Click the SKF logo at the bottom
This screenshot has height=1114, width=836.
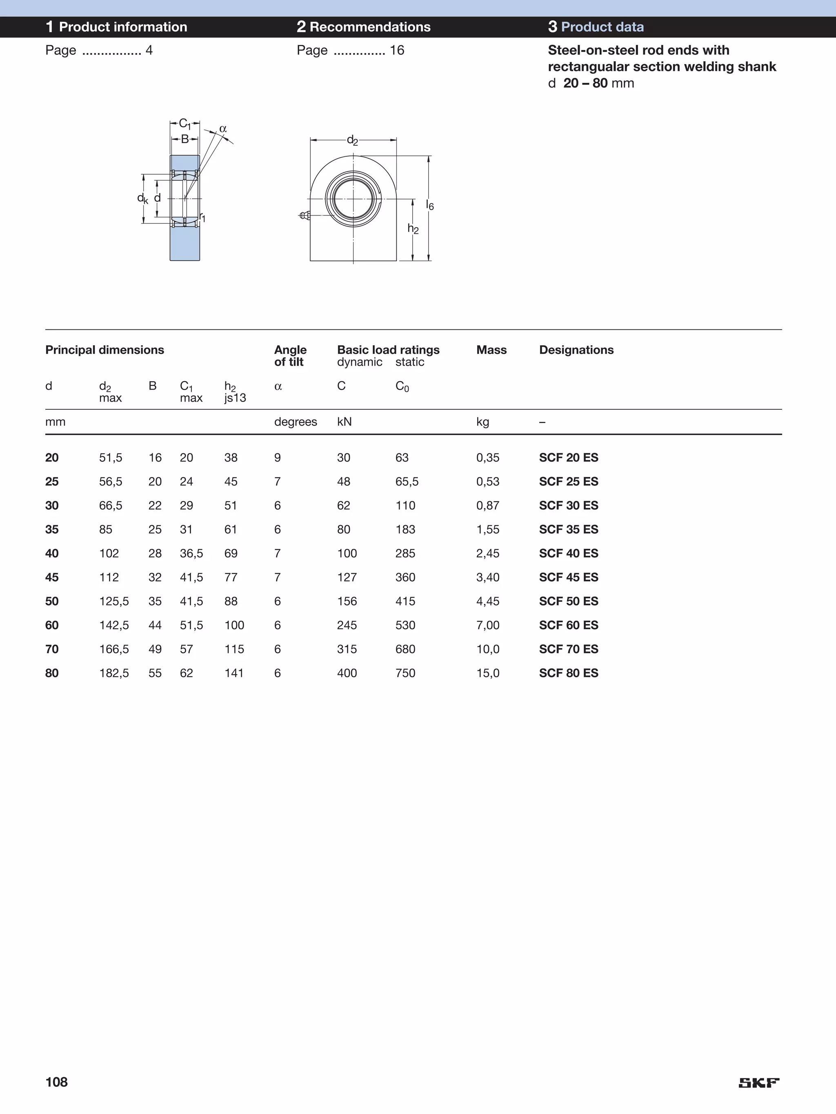click(758, 1082)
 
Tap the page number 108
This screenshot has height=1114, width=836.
click(56, 1082)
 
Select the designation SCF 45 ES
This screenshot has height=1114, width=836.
click(568, 577)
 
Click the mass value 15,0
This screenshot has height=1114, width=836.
click(487, 673)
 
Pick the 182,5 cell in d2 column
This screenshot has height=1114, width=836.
click(114, 673)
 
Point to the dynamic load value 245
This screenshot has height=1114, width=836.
click(347, 625)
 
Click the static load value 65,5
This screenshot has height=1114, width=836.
click(407, 482)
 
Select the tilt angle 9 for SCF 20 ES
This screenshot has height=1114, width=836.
click(278, 457)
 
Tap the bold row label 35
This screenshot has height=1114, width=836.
click(52, 529)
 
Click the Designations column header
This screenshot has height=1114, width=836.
click(576, 350)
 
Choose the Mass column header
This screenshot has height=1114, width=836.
click(491, 350)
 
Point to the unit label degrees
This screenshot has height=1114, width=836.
click(295, 422)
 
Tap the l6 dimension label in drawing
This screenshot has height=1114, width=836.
click(429, 205)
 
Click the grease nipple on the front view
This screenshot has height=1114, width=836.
click(304, 215)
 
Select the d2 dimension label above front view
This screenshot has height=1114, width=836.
click(352, 140)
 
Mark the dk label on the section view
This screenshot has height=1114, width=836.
click(142, 198)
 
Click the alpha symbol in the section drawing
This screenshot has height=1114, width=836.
click(223, 129)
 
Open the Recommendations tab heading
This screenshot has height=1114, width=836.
click(363, 27)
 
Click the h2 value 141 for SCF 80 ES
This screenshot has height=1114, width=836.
click(234, 673)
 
